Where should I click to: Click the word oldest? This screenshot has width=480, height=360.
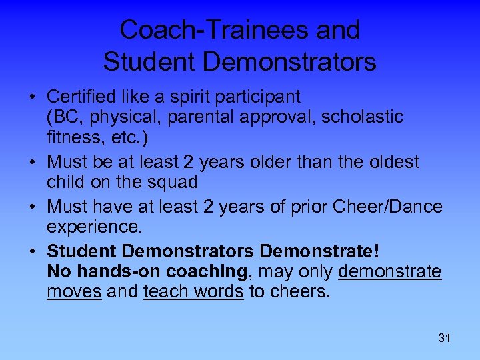pos(387,162)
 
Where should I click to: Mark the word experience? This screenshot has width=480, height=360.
pos(95,227)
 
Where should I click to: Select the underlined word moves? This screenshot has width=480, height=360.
pos(74,291)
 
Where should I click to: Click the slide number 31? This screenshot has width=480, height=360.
pos(444,338)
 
